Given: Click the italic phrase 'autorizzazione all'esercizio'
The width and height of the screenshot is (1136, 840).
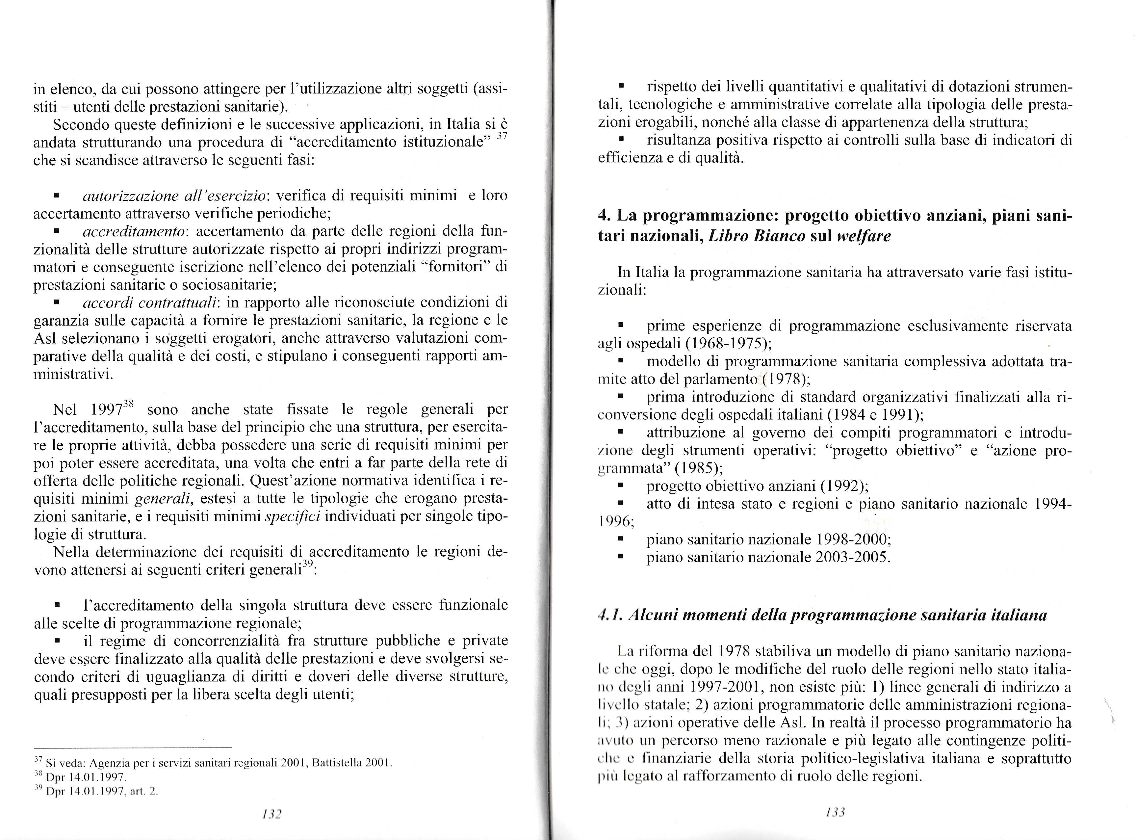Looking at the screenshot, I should [174, 196].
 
